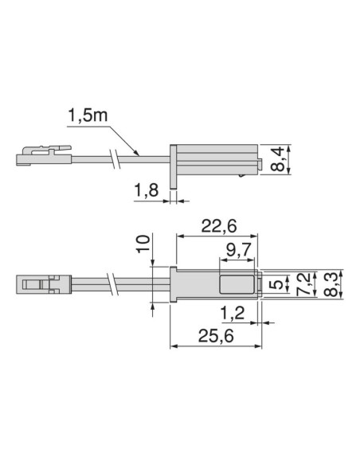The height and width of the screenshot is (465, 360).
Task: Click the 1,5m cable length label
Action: [87, 115]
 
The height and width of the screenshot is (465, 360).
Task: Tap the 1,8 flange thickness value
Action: [147, 191]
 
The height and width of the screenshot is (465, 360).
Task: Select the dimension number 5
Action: [276, 283]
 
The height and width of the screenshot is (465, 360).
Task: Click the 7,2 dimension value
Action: [301, 283]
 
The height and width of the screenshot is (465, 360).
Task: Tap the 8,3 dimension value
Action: [328, 283]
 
